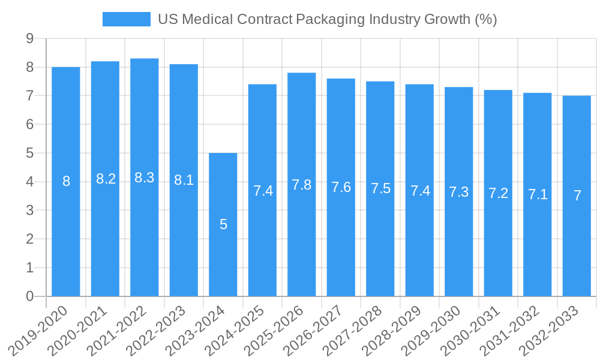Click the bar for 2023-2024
(x=223, y=252)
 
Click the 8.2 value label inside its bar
(x=106, y=179)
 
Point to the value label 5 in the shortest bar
(x=223, y=224)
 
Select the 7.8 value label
(x=302, y=185)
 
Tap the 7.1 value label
(x=538, y=194)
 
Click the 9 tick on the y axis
(x=29, y=39)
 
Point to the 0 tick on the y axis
(x=29, y=296)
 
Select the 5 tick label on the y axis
(x=29, y=153)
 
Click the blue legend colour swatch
(x=126, y=19)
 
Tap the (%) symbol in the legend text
(x=485, y=19)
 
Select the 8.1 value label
(x=184, y=179)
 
